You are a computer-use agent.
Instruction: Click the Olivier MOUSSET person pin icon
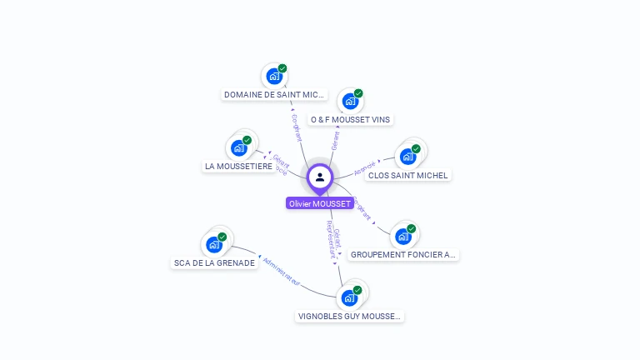pyautogui.click(x=320, y=177)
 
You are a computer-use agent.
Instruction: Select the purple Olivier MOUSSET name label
pyautogui.click(x=320, y=203)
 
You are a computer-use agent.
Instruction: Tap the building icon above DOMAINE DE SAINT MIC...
pyautogui.click(x=273, y=77)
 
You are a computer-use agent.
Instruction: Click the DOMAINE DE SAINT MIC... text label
pyautogui.click(x=274, y=95)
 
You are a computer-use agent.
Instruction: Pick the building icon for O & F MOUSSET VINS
pyautogui.click(x=350, y=102)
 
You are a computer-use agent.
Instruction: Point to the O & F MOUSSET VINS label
pyautogui.click(x=350, y=120)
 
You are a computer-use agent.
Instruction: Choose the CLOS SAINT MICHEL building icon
pyautogui.click(x=407, y=157)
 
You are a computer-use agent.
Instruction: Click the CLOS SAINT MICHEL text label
pyautogui.click(x=408, y=176)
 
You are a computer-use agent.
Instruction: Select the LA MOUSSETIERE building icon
pyautogui.click(x=239, y=148)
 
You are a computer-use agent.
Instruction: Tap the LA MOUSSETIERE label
pyautogui.click(x=239, y=167)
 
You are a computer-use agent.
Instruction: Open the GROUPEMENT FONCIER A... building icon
pyautogui.click(x=403, y=236)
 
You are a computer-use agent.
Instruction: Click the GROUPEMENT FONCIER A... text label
pyautogui.click(x=403, y=255)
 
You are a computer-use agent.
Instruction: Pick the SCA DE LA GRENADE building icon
pyautogui.click(x=214, y=245)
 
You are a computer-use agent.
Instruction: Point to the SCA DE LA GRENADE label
pyautogui.click(x=214, y=263)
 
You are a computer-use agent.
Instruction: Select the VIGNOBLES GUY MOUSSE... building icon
pyautogui.click(x=349, y=297)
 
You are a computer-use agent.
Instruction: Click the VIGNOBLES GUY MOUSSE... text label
pyautogui.click(x=350, y=317)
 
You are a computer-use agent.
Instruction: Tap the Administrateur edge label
pyautogui.click(x=281, y=272)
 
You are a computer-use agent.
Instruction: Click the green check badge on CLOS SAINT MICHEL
pyautogui.click(x=416, y=149)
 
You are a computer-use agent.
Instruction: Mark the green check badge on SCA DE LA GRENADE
pyautogui.click(x=222, y=237)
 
